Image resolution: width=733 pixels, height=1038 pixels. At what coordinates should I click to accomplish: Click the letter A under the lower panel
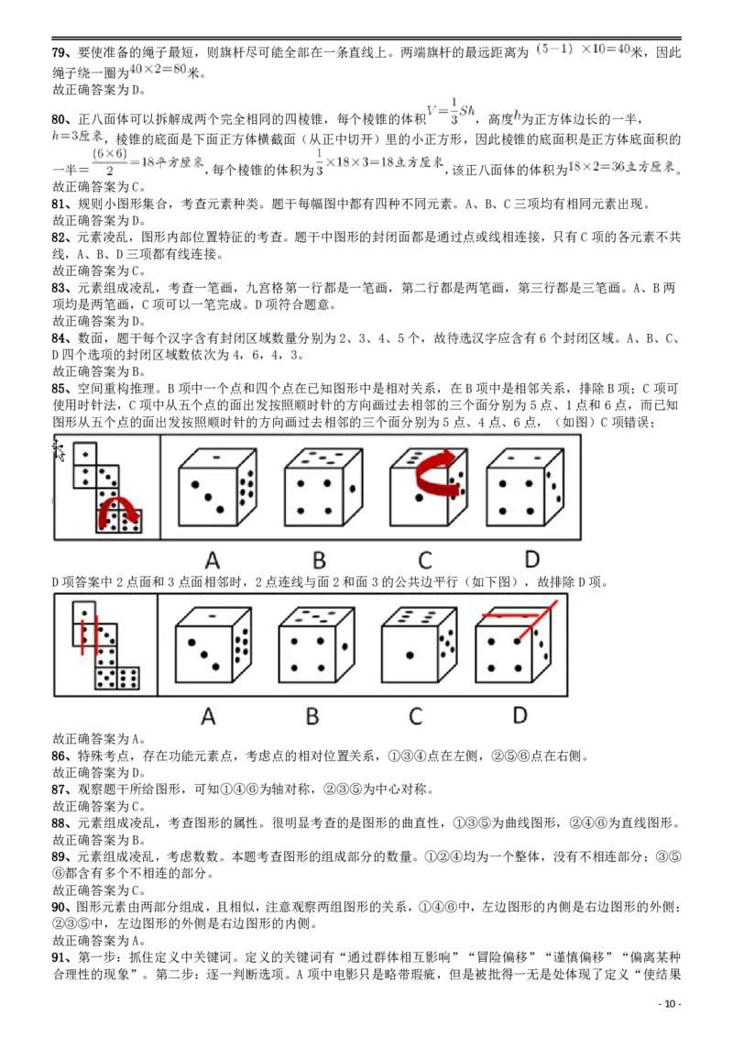click(x=208, y=716)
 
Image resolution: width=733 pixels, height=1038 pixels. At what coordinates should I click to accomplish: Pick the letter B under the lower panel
click(x=312, y=716)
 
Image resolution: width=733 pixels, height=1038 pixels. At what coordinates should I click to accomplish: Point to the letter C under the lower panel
click(x=415, y=716)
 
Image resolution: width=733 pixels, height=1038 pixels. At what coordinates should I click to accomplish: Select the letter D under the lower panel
click(x=520, y=714)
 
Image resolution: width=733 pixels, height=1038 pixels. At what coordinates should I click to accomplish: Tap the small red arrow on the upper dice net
click(x=119, y=511)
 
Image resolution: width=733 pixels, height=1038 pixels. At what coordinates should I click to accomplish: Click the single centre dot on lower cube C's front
click(x=410, y=655)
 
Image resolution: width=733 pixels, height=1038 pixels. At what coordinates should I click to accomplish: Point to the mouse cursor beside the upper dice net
click(x=58, y=449)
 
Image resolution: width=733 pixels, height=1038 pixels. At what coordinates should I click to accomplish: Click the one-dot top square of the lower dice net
click(x=83, y=612)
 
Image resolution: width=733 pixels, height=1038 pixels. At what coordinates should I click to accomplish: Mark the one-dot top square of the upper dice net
click(x=84, y=454)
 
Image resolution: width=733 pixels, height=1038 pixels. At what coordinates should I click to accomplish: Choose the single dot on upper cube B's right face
click(x=351, y=488)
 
